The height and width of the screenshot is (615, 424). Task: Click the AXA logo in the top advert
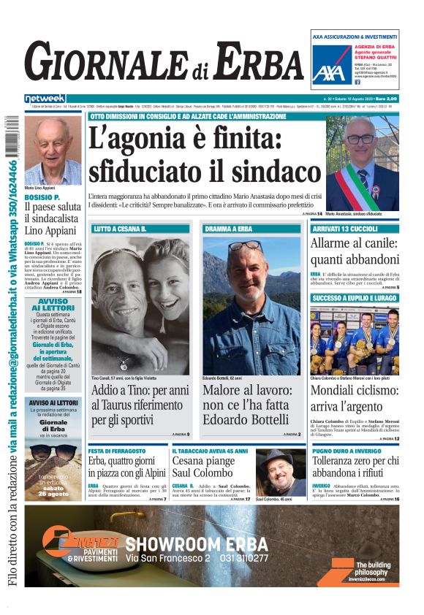tap(328, 71)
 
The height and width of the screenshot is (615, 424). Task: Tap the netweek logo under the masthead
tap(45, 99)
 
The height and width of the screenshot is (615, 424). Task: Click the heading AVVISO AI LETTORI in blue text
tap(53, 305)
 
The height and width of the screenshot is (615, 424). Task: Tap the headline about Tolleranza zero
tap(355, 467)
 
